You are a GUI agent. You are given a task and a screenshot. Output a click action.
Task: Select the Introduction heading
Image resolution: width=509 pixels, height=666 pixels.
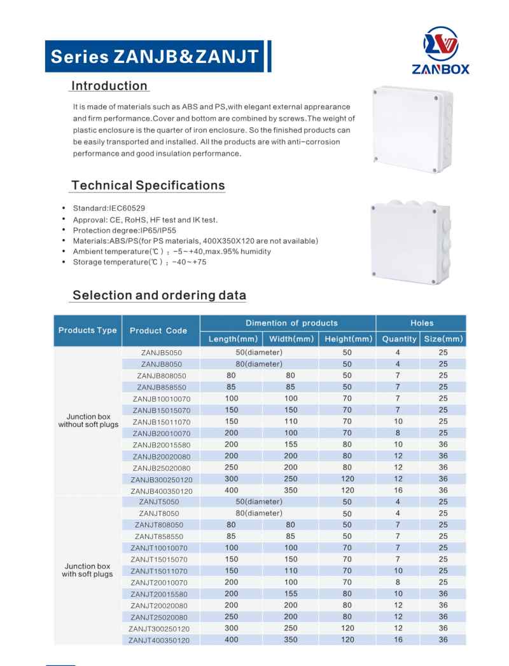[109, 86]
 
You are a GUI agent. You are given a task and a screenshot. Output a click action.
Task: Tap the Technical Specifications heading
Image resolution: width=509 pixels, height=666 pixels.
[148, 186]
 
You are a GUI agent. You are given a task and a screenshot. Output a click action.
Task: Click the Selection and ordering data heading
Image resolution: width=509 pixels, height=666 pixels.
[159, 295]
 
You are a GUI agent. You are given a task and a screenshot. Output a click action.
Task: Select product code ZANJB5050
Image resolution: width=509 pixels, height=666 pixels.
[161, 353]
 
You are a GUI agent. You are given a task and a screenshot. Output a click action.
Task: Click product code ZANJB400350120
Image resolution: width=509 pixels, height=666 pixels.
[161, 490]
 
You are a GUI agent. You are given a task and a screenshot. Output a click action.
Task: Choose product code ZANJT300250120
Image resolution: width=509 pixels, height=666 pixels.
[161, 628]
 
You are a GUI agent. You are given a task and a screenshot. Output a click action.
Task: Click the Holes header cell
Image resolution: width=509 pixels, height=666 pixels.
[421, 323]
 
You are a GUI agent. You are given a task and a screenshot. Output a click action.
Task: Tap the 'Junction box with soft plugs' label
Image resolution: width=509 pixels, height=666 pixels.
[88, 570]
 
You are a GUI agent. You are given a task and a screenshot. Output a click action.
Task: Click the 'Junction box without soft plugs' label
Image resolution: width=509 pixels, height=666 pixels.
[88, 421]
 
